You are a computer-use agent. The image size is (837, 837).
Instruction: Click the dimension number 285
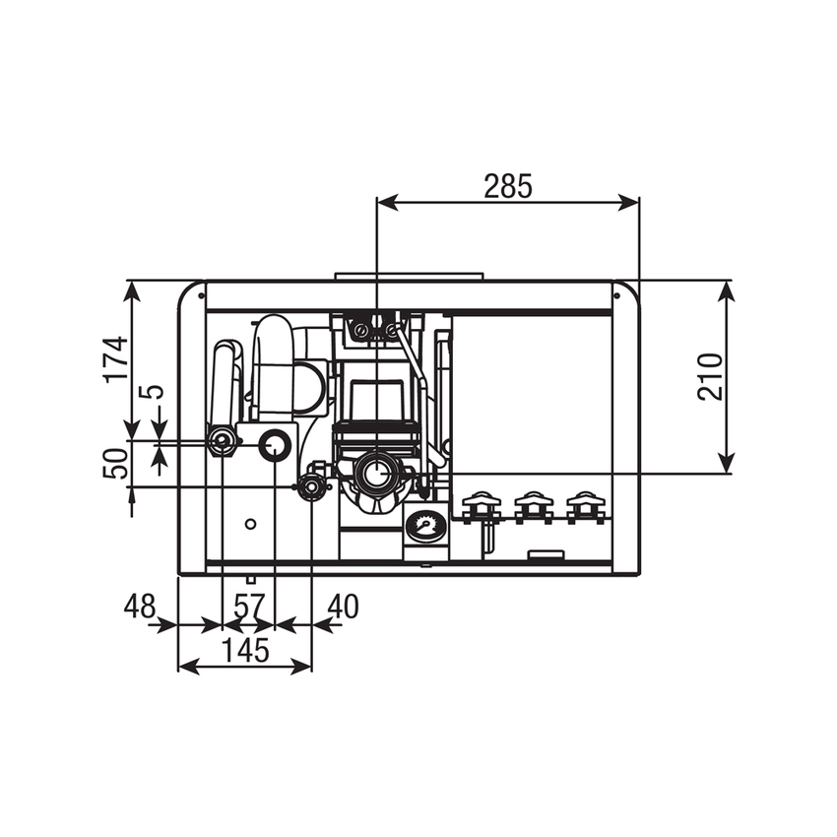tap(507, 186)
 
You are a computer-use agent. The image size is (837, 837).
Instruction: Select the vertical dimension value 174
tap(116, 358)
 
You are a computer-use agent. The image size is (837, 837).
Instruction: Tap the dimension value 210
tap(709, 375)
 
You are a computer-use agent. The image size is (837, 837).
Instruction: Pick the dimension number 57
tap(247, 607)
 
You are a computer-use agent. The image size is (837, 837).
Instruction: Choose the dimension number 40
tap(342, 607)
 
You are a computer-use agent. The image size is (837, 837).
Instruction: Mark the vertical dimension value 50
tap(116, 463)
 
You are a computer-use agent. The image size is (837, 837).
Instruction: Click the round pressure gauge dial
tap(424, 526)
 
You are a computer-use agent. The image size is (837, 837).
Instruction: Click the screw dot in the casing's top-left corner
tap(200, 293)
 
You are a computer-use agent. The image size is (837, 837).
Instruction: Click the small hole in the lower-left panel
tap(251, 523)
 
